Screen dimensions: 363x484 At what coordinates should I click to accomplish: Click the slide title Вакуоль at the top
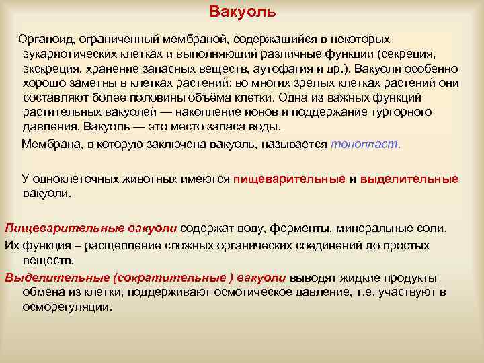[242, 13]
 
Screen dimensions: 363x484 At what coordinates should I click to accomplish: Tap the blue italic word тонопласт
[366, 144]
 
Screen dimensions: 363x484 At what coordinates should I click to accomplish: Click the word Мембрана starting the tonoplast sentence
[48, 144]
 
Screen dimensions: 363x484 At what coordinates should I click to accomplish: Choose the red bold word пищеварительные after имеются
[290, 179]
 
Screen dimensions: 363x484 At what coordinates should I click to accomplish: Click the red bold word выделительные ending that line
[409, 179]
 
